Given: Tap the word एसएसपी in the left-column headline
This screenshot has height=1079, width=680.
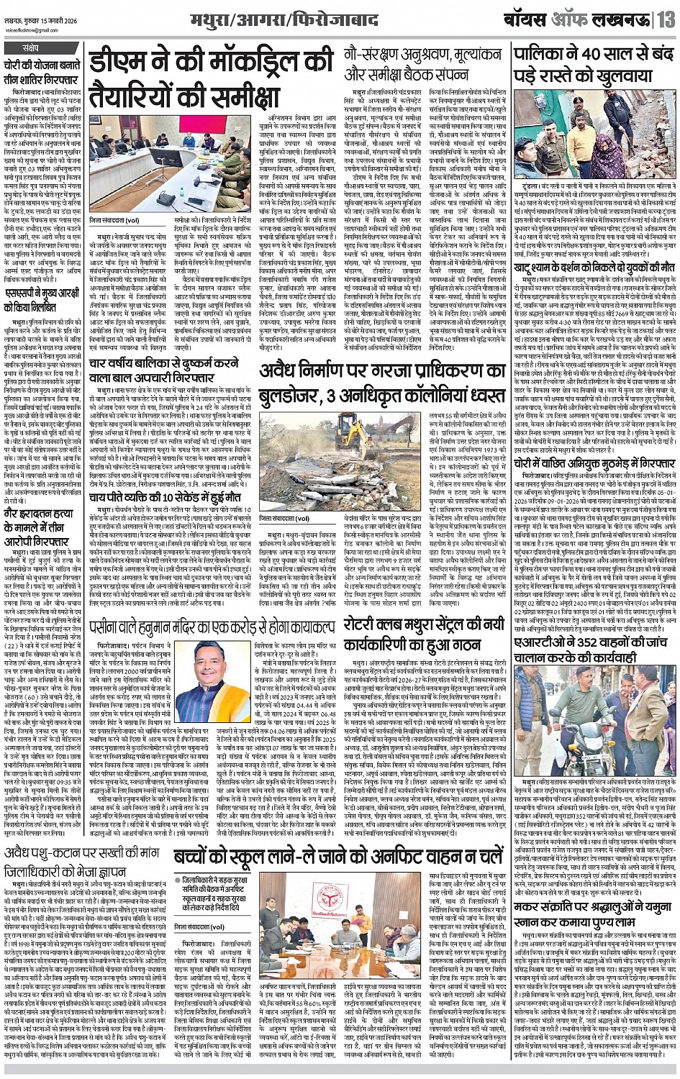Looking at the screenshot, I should point(27,278).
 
